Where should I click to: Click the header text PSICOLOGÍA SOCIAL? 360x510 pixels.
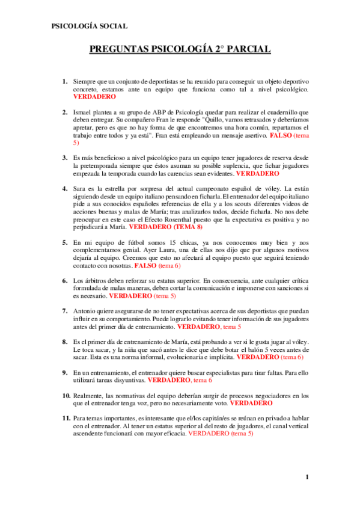[89, 26]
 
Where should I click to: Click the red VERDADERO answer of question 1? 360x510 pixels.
[94, 96]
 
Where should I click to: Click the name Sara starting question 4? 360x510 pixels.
[80, 188]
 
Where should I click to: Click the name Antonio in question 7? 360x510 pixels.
[86, 311]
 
